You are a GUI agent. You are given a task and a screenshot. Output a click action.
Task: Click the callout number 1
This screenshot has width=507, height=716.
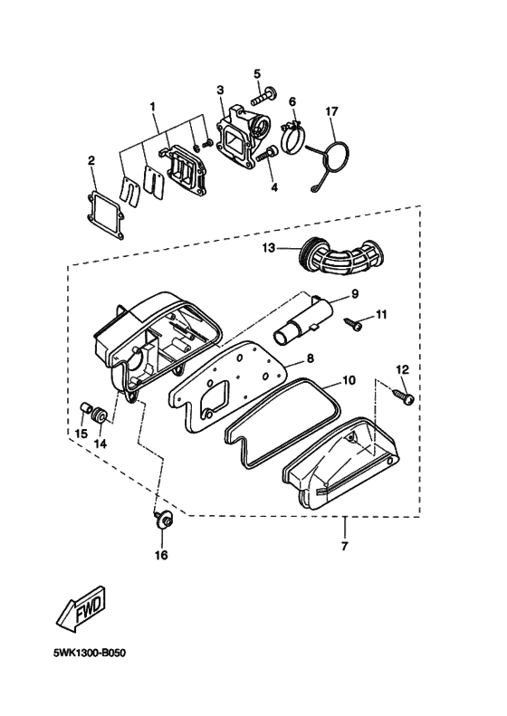pos(152,106)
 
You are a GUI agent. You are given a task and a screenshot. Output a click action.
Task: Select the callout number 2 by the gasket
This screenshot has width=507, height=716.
pos(91,161)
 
